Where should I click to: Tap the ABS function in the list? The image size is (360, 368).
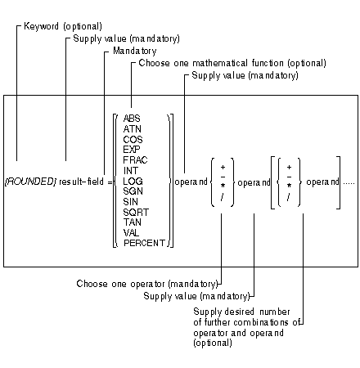tap(132, 119)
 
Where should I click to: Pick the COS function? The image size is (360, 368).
tap(133, 139)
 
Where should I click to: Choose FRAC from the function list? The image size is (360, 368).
tap(135, 160)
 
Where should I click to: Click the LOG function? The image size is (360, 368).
tap(132, 181)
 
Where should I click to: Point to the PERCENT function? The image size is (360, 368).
tap(144, 243)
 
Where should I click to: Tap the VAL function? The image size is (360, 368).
tap(131, 232)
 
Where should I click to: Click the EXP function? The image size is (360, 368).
tap(132, 150)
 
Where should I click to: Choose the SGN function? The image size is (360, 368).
tap(133, 191)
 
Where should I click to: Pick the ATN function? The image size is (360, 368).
tap(132, 129)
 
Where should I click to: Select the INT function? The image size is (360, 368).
tap(130, 170)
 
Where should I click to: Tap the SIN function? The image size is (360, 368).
tap(131, 201)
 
